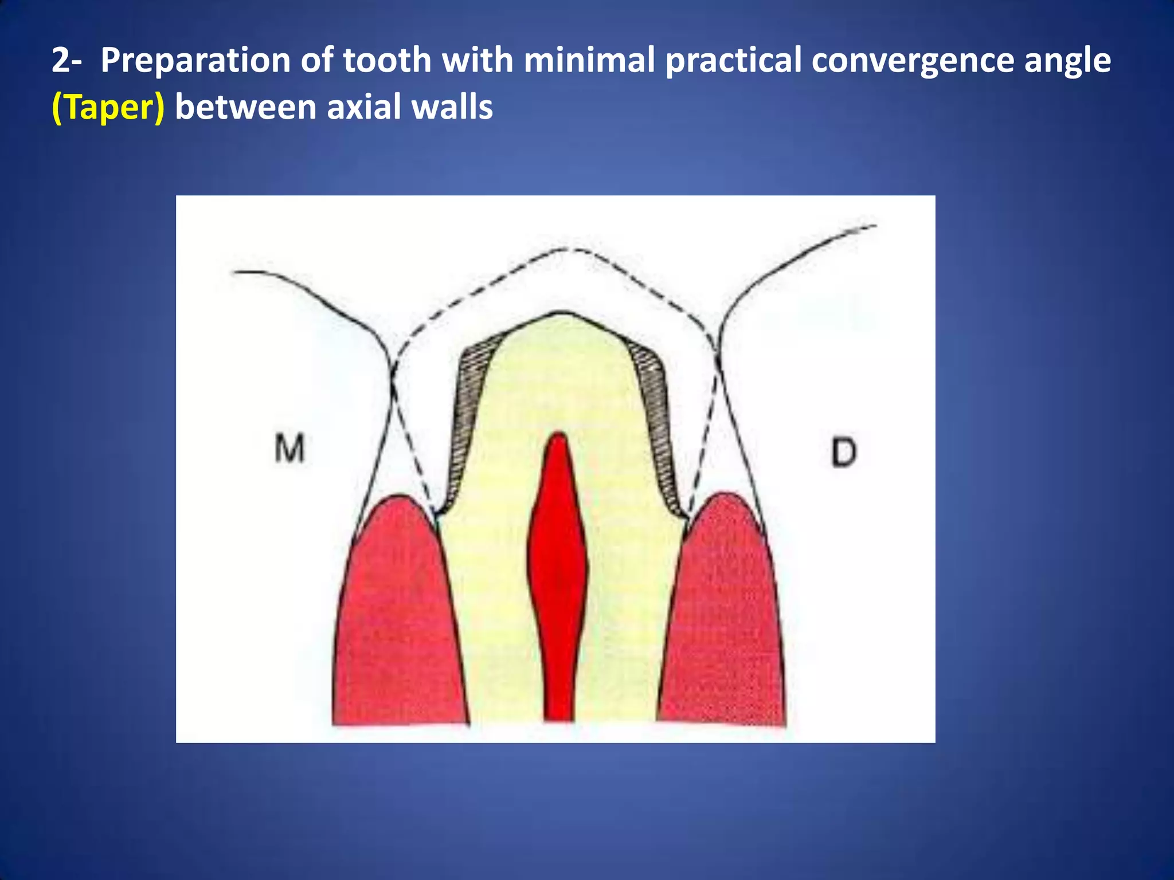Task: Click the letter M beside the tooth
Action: [x=289, y=449]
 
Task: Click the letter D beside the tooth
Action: [x=843, y=452]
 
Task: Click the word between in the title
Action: [x=245, y=108]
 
